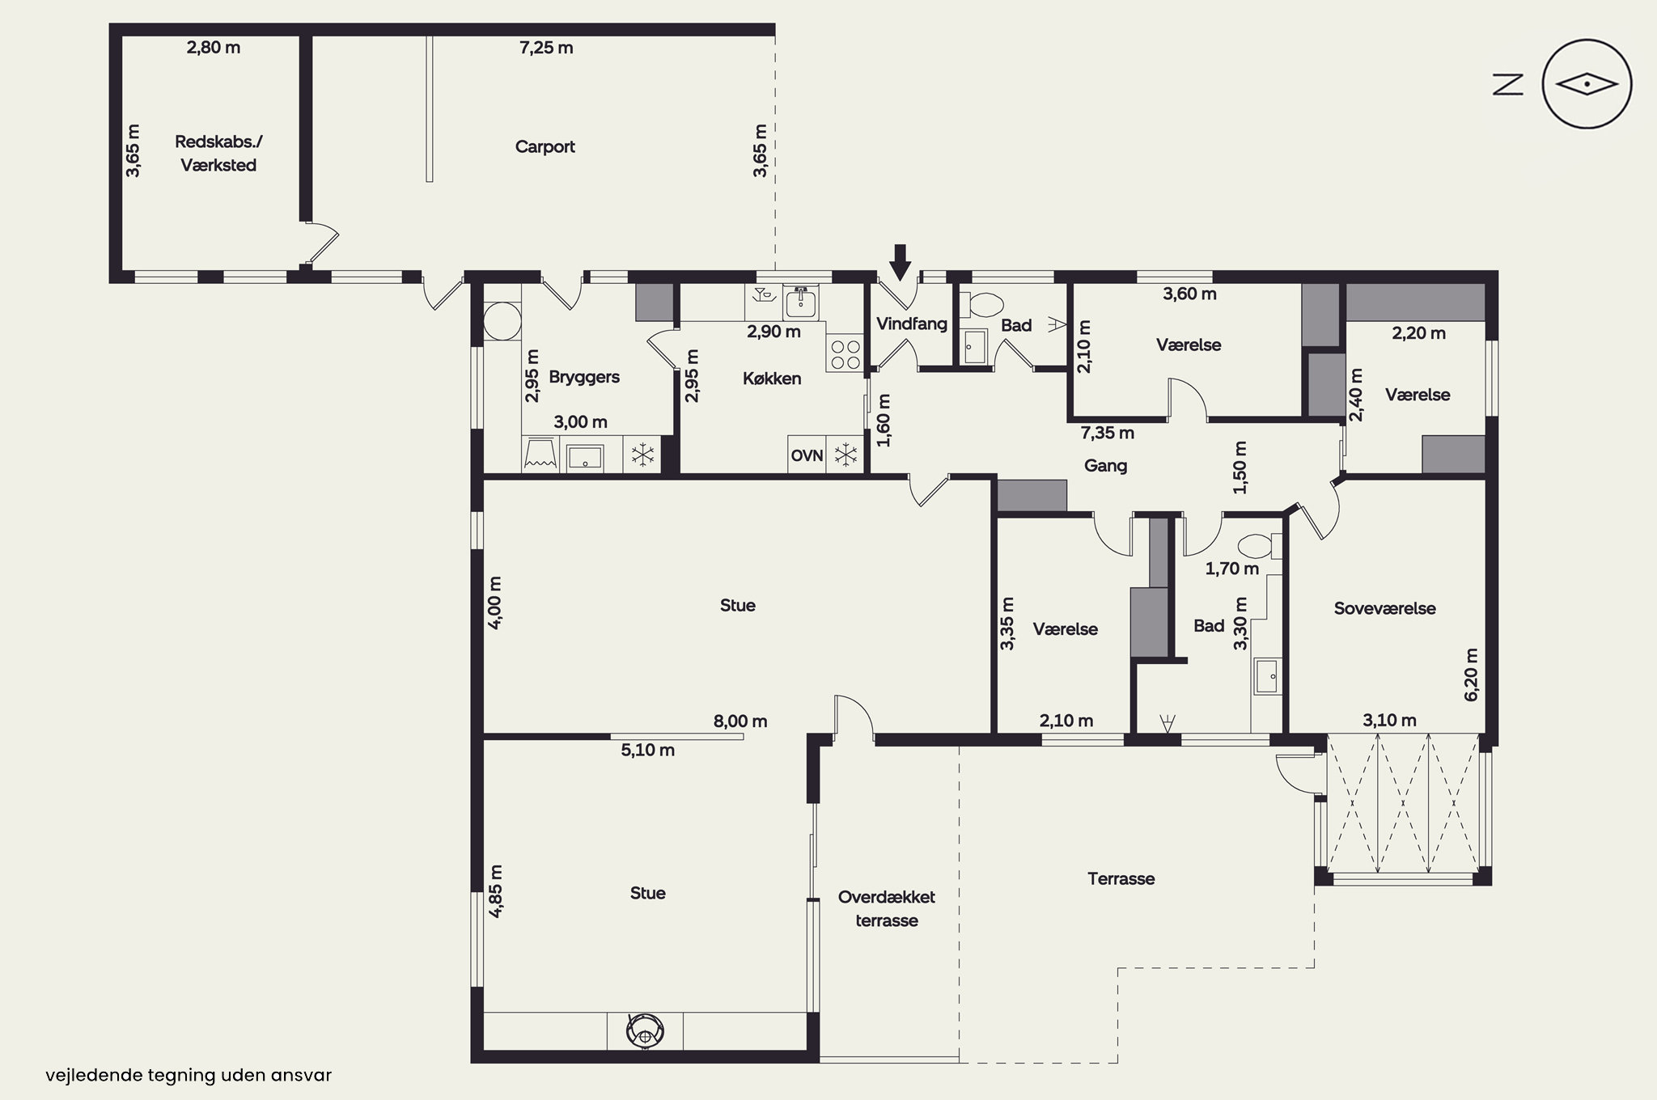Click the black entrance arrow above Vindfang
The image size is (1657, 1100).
(x=901, y=261)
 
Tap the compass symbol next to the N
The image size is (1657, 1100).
(x=1587, y=84)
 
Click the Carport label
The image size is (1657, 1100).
(x=545, y=146)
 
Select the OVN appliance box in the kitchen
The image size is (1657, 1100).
(x=807, y=455)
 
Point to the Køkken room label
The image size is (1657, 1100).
(x=772, y=379)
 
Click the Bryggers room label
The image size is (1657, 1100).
(x=584, y=377)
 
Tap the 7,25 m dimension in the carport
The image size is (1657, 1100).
(x=546, y=48)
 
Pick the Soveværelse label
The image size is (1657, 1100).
(x=1384, y=608)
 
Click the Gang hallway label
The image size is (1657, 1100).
(x=1105, y=466)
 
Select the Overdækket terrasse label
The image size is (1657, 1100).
(x=887, y=908)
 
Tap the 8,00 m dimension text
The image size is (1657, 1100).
(x=740, y=721)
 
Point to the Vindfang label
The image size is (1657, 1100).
(x=912, y=324)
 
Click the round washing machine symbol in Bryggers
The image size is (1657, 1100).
(x=502, y=321)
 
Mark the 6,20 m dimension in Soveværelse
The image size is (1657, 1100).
(x=1471, y=675)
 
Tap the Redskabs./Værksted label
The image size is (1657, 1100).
(x=218, y=154)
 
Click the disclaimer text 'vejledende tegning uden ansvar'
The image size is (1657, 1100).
(x=189, y=1076)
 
